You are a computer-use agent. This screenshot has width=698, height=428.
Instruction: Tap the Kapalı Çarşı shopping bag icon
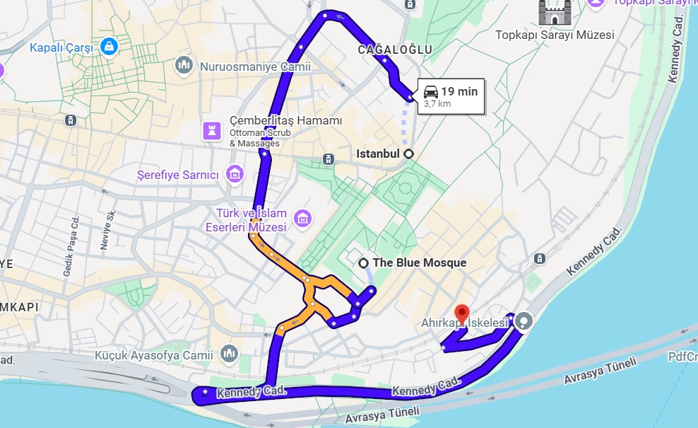tap(109, 47)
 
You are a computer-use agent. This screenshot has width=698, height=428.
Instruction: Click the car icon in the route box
tap(430, 91)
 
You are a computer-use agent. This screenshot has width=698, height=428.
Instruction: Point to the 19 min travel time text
tap(459, 91)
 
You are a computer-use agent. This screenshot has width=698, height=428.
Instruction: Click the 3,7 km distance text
tap(437, 104)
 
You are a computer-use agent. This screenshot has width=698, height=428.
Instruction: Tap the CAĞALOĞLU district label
tap(394, 49)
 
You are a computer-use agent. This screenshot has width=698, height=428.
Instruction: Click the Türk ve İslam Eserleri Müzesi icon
tap(303, 219)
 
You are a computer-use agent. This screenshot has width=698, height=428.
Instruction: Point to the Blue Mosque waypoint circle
tap(364, 263)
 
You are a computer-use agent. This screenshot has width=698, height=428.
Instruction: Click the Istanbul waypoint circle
tap(408, 154)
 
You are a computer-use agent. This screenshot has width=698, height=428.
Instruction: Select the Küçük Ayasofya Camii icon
tap(229, 353)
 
